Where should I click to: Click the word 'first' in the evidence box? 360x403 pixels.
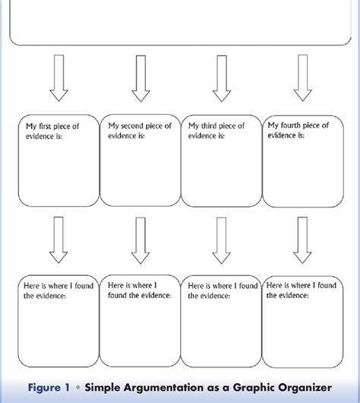43,125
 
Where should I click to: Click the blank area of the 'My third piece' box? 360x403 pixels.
221,175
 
